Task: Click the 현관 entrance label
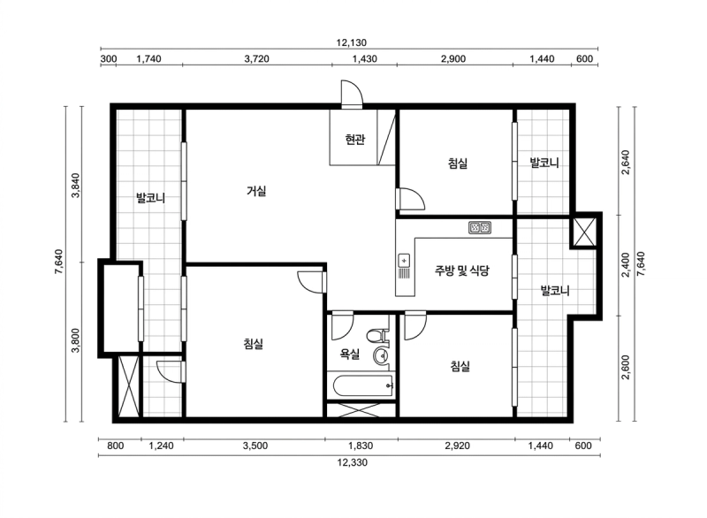coord(355,140)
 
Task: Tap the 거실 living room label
coord(256,191)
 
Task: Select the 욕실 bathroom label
coord(349,354)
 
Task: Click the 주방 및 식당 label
coord(461,270)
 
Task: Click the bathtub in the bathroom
coord(363,386)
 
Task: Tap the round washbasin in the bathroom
coord(382,356)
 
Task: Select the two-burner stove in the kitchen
coord(480,227)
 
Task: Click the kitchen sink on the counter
coord(404,266)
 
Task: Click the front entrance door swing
coord(352,94)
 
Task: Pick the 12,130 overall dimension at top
coord(351,42)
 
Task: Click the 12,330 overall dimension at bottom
coord(352,462)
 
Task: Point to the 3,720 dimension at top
coord(256,58)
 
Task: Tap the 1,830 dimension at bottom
coord(361,446)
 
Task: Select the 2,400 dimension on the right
coord(625,265)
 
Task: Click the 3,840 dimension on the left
coord(75,186)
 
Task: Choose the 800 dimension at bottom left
coord(116,446)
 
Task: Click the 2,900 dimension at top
coord(453,58)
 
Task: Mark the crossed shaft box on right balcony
coord(585,231)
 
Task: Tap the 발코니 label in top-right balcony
coord(544,163)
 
